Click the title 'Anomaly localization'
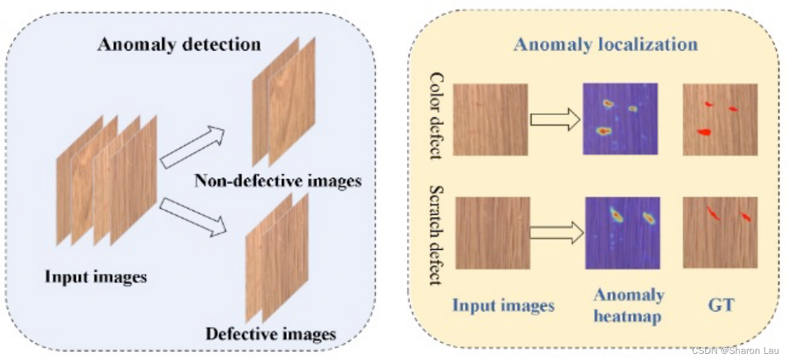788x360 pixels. tap(606, 44)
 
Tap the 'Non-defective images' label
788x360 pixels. tap(278, 181)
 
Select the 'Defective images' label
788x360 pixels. tap(271, 334)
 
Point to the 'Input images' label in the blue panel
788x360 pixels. tap(95, 276)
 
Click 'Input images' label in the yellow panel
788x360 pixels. tap(503, 305)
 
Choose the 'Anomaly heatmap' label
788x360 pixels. tap(629, 305)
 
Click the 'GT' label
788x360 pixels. tap(721, 304)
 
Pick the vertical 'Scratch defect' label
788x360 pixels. tap(436, 235)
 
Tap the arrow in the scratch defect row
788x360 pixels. tap(555, 233)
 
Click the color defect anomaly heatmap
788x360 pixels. tap(620, 119)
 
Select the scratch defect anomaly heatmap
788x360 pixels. tap(622, 233)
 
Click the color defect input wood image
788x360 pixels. tap(491, 119)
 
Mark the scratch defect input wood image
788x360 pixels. tap(492, 233)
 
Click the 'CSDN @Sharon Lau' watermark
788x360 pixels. tap(734, 351)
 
